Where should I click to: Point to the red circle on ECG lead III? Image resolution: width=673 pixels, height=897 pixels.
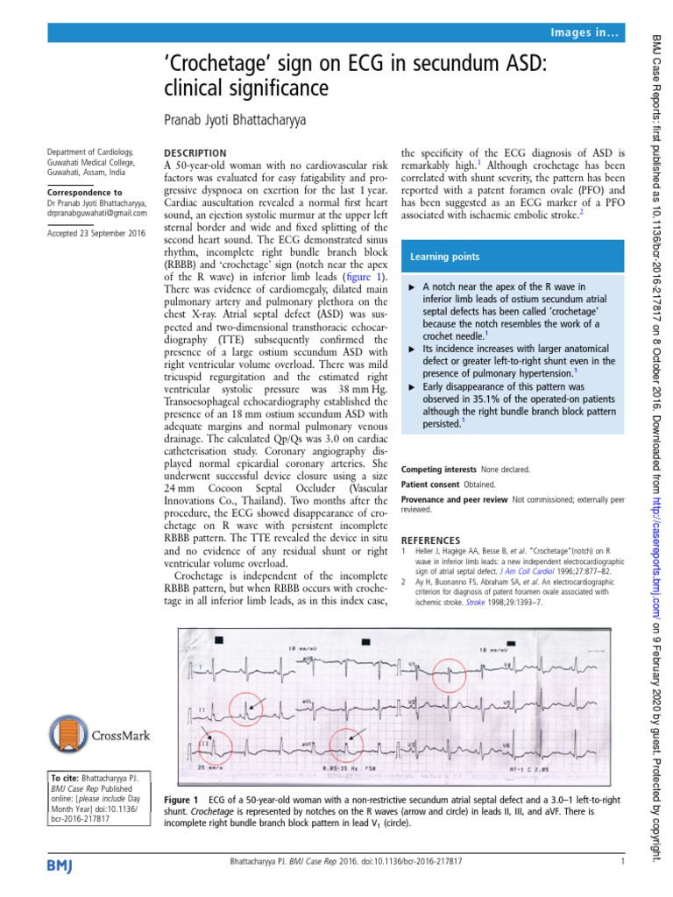click(213, 746)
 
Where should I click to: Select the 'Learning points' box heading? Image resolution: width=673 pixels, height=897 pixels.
click(445, 257)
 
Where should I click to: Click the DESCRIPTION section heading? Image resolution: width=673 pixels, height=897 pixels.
click(195, 152)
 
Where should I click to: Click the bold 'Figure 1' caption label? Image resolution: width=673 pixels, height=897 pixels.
click(183, 800)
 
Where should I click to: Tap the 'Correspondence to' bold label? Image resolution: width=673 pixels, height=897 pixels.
click(85, 192)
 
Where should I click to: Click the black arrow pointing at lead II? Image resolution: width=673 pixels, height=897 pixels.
click(254, 702)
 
